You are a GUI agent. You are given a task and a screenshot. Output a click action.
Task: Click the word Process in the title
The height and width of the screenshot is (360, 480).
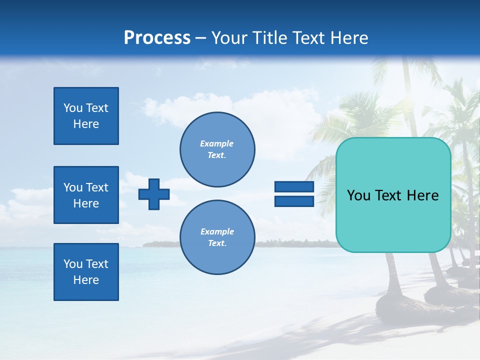pyautogui.click(x=157, y=38)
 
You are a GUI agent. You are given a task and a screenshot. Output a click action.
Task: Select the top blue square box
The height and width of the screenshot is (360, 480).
pyautogui.click(x=86, y=116)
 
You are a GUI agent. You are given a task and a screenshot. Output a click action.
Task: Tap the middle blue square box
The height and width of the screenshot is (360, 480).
pyautogui.click(x=86, y=195)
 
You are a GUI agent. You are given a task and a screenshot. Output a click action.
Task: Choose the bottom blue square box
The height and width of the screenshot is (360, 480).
pyautogui.click(x=86, y=272)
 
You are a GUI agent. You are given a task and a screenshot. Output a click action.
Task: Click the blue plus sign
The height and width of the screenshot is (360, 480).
pyautogui.click(x=154, y=194)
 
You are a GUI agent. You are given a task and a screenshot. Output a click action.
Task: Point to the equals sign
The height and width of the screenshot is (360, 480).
pyautogui.click(x=294, y=194)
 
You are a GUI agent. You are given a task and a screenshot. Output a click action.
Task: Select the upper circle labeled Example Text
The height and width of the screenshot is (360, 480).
pyautogui.click(x=217, y=149)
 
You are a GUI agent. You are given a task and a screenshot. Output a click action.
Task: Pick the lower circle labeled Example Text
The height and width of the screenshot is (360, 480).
pyautogui.click(x=217, y=237)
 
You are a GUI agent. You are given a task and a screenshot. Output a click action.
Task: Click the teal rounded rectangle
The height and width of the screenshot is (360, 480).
pyautogui.click(x=393, y=195)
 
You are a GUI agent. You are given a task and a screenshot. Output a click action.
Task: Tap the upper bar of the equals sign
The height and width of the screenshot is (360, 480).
pyautogui.click(x=294, y=187)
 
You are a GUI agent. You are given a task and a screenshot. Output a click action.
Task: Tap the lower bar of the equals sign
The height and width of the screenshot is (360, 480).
pyautogui.click(x=294, y=201)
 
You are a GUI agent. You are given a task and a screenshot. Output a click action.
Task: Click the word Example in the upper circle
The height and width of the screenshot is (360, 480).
pyautogui.click(x=217, y=143)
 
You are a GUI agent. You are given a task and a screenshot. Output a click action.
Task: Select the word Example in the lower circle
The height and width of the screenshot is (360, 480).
pyautogui.click(x=217, y=231)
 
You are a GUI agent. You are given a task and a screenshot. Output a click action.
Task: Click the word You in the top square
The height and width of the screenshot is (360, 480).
pyautogui.click(x=73, y=108)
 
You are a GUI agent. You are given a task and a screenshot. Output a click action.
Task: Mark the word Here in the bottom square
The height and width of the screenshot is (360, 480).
pyautogui.click(x=86, y=280)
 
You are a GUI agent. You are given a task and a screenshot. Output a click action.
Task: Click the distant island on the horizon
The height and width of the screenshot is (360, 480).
pyautogui.click(x=160, y=244)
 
